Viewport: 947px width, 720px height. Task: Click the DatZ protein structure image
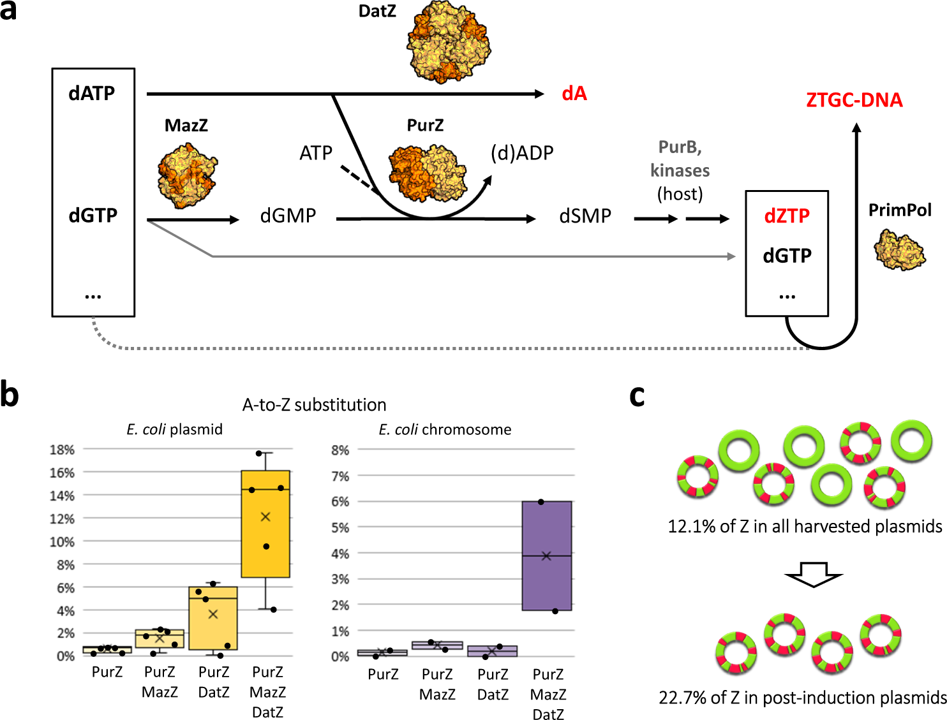point(449,41)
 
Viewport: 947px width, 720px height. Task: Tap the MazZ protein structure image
point(187,175)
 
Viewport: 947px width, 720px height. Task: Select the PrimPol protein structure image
point(899,250)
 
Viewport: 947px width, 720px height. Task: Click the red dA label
point(574,94)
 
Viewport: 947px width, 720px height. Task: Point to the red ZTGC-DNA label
point(854,100)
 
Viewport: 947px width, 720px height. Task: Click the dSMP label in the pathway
point(585,216)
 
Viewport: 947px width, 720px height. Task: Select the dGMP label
point(288,216)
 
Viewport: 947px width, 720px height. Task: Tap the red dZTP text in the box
point(786,216)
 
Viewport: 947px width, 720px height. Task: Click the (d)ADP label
point(521,153)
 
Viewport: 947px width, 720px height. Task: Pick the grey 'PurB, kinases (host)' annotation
point(680,170)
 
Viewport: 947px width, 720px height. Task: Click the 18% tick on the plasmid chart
point(62,450)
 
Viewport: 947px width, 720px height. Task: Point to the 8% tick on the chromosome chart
point(339,450)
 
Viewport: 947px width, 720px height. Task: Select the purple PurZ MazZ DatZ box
point(546,555)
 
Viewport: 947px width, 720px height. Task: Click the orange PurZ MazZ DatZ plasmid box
point(265,524)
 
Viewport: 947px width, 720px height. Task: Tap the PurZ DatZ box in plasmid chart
point(213,618)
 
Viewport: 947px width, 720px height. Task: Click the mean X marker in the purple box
point(546,556)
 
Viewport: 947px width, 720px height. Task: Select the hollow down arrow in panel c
point(814,574)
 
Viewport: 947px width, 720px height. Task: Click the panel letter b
point(10,394)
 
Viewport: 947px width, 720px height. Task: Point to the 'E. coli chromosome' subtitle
point(445,430)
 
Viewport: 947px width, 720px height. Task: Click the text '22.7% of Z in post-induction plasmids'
point(802,698)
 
